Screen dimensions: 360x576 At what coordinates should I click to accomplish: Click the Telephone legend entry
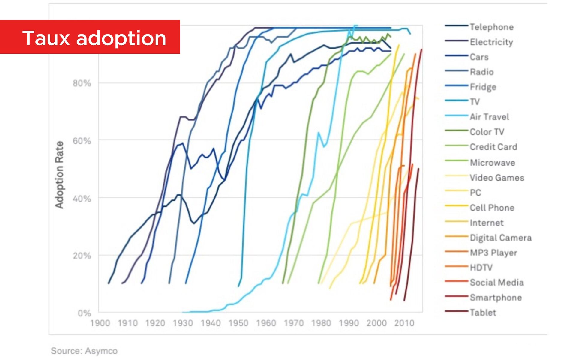tap(491, 27)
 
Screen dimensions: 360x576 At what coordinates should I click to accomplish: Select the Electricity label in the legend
tap(491, 42)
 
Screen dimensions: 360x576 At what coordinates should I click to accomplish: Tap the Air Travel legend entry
tap(489, 117)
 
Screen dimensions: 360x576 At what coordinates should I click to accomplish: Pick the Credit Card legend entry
tap(493, 147)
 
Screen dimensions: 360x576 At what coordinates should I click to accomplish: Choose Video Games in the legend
tap(497, 178)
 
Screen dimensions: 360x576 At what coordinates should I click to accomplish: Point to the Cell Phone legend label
tap(492, 208)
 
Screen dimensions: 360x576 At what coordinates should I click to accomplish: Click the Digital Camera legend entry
tap(500, 238)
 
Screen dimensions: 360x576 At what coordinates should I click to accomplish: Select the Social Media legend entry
tap(497, 283)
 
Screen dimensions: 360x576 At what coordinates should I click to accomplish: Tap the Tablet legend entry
tap(483, 313)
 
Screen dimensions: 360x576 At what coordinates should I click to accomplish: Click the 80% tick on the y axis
tap(82, 83)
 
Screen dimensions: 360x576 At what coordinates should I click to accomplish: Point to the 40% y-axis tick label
tap(82, 199)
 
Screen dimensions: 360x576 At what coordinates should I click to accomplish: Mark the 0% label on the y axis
tap(84, 313)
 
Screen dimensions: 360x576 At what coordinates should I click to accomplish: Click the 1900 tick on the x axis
tap(100, 323)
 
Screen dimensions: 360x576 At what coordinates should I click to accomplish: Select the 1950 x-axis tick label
tap(238, 323)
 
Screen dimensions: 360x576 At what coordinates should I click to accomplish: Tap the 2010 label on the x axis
tap(404, 323)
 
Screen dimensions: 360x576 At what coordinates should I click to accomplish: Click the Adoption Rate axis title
tap(59, 175)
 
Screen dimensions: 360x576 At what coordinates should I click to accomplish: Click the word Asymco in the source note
tap(101, 351)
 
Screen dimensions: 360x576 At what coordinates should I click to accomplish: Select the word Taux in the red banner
tap(46, 38)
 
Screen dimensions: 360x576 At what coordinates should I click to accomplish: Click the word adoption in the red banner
tap(121, 38)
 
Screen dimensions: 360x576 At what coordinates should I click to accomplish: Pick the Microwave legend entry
tap(492, 163)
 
